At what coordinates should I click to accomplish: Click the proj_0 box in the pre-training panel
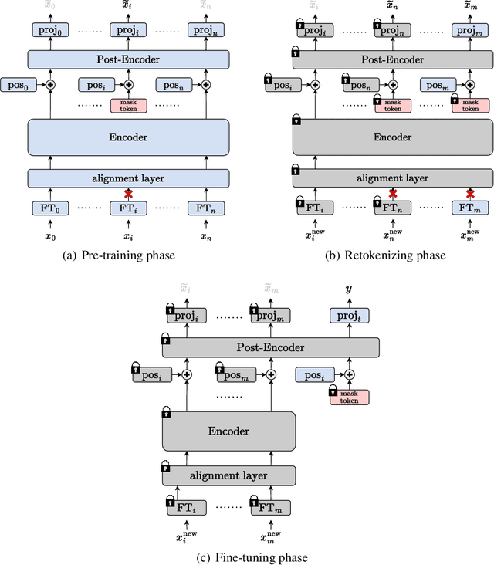pos(45,30)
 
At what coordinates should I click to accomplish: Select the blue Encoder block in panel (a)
pos(129,137)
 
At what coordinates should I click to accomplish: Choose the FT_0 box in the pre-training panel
pos(46,208)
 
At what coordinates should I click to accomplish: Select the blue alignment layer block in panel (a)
pos(129,178)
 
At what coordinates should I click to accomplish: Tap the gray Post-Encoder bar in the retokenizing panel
pos(393,59)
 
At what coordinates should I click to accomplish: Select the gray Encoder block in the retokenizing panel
pos(393,137)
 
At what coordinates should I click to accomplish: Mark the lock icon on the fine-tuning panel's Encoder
pos(167,414)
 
